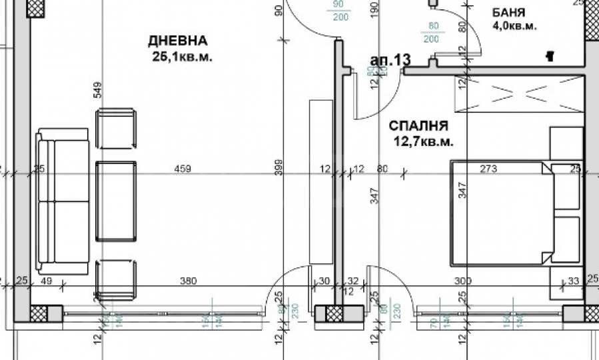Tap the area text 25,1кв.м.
tap(183, 57)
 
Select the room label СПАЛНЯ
tap(418, 125)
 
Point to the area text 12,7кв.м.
tap(424, 141)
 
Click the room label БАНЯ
tap(509, 13)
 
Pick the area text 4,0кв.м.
tap(514, 27)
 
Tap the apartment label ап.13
tap(389, 61)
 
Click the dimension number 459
tap(182, 169)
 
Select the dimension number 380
tap(189, 281)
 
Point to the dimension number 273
tap(488, 169)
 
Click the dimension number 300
tap(462, 281)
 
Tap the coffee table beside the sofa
tap(117, 201)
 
